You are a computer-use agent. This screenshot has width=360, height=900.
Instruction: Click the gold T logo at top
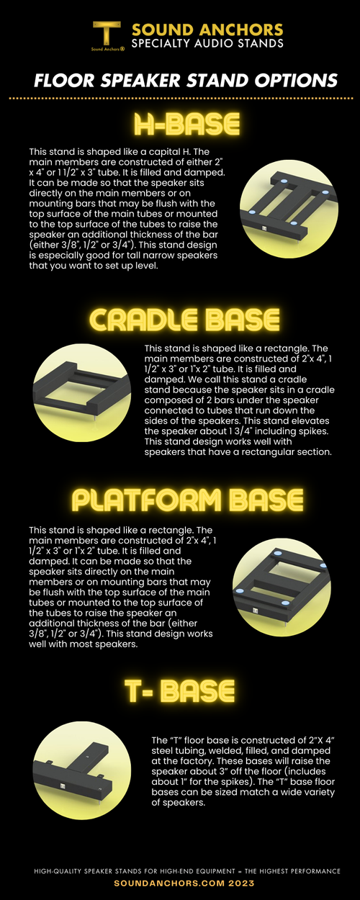pyautogui.click(x=106, y=33)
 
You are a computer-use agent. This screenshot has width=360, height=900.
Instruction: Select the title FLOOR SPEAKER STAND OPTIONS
pyautogui.click(x=179, y=78)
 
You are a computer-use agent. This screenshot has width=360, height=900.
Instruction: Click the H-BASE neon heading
pyautogui.click(x=179, y=125)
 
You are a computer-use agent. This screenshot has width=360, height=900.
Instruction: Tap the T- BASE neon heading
pyautogui.click(x=179, y=690)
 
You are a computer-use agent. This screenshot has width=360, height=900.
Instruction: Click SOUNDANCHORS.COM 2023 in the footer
pyautogui.click(x=179, y=882)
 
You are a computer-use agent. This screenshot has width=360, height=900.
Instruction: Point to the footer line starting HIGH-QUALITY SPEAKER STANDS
pyautogui.click(x=179, y=870)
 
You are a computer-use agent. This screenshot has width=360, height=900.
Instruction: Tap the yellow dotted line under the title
pyautogui.click(x=179, y=97)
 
